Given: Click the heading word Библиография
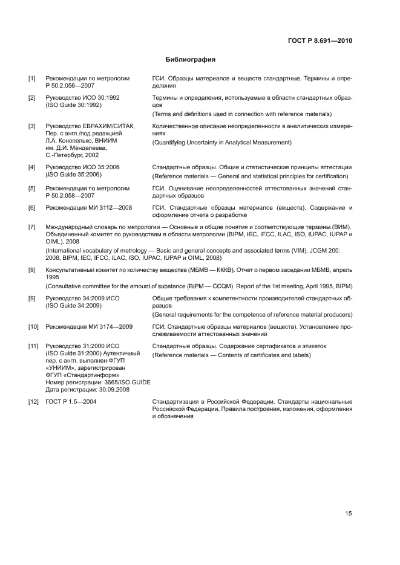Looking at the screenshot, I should (191, 60).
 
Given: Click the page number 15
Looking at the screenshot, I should (348, 514).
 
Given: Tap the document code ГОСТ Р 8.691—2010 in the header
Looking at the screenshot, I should (320, 42).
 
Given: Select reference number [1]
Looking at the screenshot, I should (31, 79).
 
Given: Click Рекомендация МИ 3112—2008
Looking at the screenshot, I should (89, 208).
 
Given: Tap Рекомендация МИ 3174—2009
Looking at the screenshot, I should (89, 327).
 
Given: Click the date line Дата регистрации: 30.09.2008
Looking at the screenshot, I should (86, 389).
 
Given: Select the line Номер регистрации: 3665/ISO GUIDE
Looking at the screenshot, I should (98, 382).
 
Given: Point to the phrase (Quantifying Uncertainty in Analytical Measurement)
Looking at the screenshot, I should (222, 143).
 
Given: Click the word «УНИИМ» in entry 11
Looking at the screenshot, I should (61, 367).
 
